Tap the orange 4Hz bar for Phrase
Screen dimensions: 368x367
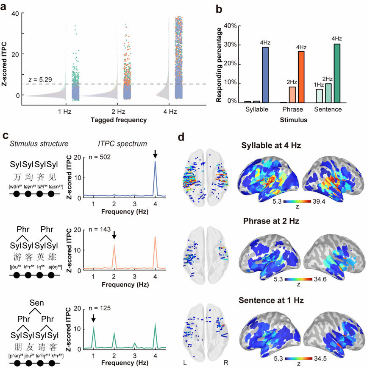click(302, 77)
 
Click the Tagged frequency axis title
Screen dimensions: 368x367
click(119, 120)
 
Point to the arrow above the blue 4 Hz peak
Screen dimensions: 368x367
click(156, 155)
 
